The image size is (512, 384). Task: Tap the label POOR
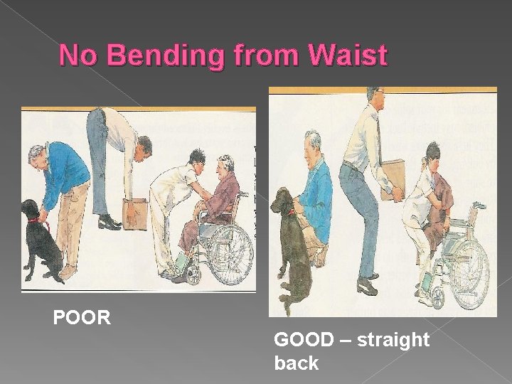(x=82, y=317)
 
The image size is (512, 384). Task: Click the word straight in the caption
(x=394, y=341)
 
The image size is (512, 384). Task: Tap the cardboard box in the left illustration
(x=135, y=213)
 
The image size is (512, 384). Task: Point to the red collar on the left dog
(x=33, y=221)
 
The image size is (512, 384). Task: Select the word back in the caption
(x=297, y=363)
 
